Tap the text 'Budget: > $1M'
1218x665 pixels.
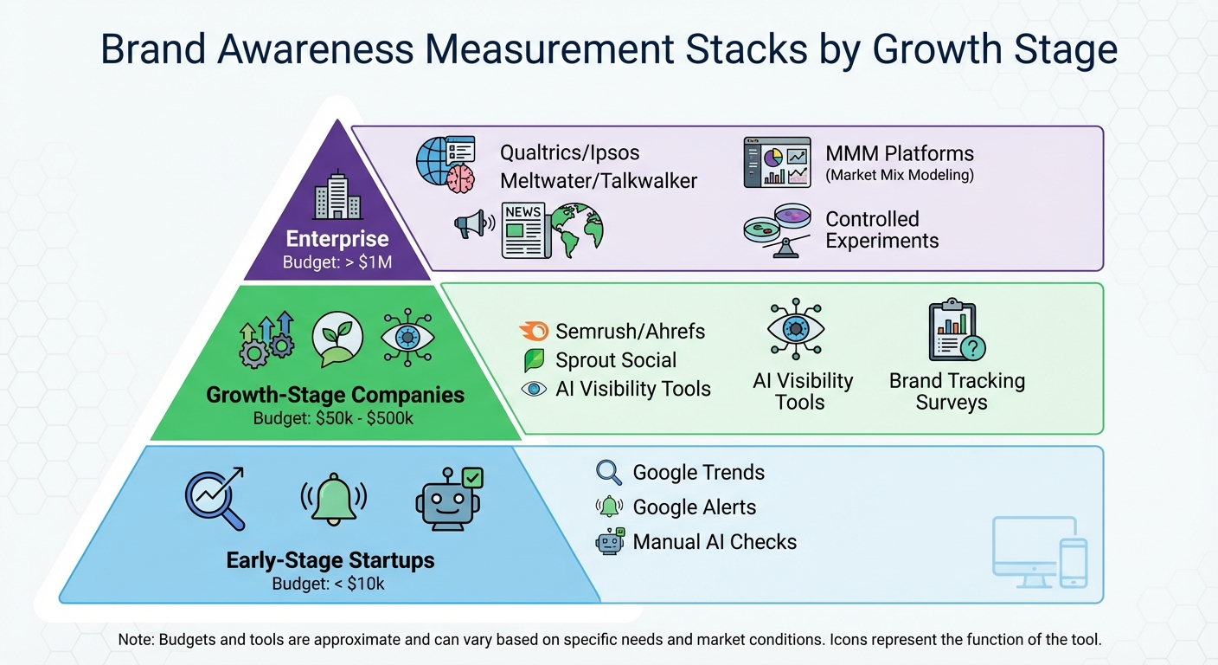337,261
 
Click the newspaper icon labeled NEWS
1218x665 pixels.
525,229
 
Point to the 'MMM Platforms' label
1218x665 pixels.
900,154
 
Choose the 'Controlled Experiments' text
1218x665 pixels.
881,229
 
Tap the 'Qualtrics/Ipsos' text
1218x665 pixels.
569,153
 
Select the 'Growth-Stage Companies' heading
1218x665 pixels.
335,396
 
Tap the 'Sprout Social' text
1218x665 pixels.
616,360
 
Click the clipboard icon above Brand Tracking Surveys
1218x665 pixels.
952,331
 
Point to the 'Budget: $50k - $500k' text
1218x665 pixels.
334,419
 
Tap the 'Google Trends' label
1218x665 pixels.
698,473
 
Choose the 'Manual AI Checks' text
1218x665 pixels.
715,542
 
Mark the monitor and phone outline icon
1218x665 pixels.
1039,551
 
